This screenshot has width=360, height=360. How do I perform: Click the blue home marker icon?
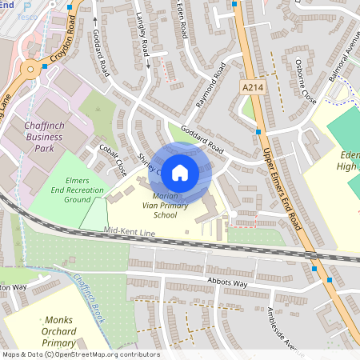(x=180, y=171)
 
